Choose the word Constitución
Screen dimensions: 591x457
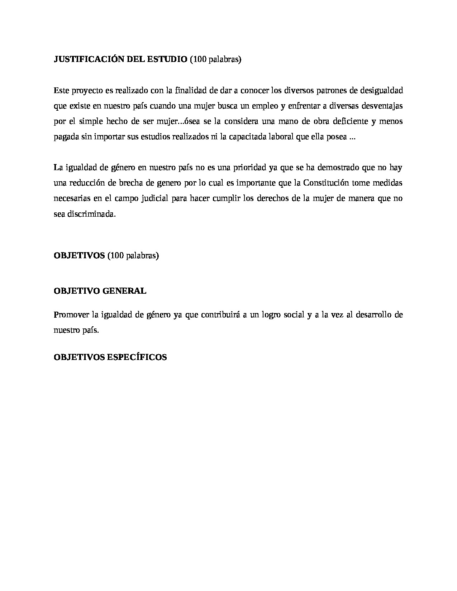pos(326,183)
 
